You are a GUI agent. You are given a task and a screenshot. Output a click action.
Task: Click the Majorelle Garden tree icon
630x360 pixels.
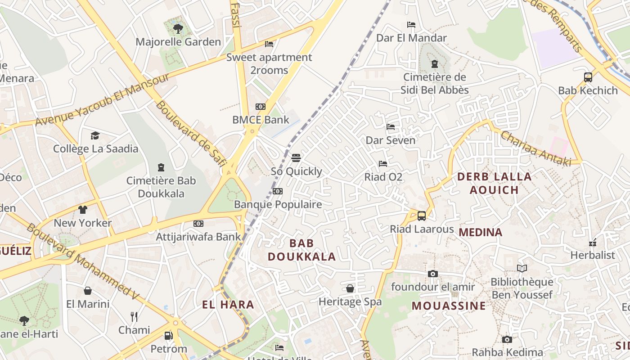click(178, 29)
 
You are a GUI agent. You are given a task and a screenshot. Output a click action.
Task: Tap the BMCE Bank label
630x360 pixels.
click(261, 120)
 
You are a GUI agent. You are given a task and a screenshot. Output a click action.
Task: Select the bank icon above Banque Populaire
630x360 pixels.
click(278, 191)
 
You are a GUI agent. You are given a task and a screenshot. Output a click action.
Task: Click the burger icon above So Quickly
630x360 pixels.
click(296, 158)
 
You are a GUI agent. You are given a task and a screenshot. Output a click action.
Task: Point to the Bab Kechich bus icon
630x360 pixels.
click(588, 77)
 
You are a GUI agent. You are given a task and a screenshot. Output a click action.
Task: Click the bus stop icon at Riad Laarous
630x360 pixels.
click(422, 216)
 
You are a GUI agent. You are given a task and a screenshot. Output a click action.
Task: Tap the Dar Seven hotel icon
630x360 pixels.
click(391, 127)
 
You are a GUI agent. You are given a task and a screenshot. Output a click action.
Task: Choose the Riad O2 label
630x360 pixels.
click(383, 177)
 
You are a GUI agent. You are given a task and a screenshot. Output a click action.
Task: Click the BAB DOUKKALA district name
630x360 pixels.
click(302, 250)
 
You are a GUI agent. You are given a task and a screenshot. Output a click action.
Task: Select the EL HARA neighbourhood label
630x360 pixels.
click(228, 305)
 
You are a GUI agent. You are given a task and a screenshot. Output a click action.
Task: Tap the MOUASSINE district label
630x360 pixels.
click(449, 306)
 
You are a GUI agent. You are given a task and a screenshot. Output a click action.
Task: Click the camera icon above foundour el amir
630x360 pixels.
click(433, 274)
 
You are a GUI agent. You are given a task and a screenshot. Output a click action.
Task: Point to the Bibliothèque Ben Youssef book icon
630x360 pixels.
click(522, 269)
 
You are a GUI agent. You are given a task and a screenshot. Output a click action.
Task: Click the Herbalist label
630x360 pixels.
click(592, 255)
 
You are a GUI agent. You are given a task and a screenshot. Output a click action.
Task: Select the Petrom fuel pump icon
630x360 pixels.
click(169, 335)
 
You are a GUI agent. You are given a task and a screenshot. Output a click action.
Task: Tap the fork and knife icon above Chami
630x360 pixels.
click(134, 316)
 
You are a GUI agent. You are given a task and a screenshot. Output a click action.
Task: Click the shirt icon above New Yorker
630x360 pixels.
click(83, 209)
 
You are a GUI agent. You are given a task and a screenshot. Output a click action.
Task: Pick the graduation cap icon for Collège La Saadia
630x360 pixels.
click(95, 135)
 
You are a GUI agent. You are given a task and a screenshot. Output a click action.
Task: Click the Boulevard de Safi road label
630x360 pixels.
click(191, 133)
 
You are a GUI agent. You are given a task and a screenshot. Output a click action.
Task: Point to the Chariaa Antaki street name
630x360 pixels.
click(535, 148)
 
